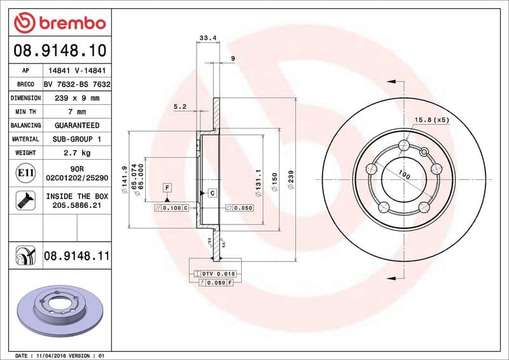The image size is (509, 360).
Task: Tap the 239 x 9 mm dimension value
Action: point(76,98)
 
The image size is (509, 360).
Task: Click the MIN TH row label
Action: point(25,112)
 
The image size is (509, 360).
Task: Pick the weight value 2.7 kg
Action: point(76,153)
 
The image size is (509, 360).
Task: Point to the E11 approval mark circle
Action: point(25,172)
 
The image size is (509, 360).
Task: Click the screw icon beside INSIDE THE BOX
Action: point(25,202)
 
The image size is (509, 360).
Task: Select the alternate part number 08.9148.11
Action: point(76,256)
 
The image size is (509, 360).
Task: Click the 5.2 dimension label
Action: point(179,107)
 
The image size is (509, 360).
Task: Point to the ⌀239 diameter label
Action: point(291,179)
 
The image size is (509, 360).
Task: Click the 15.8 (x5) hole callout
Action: point(432,120)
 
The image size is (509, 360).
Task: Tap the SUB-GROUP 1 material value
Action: point(76,139)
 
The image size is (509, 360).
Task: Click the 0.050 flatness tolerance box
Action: point(239,208)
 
